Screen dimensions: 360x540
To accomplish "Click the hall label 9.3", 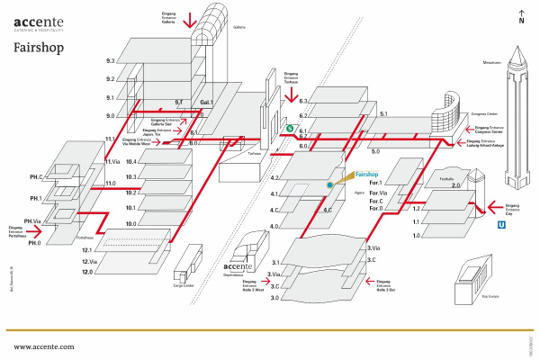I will tap(110, 61).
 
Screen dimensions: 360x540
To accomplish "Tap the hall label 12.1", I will tap(87, 250).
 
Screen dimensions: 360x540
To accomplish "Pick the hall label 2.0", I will tap(455, 185).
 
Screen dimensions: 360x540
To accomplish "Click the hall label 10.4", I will tap(131, 162).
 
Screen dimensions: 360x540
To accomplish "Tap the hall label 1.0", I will tap(417, 235).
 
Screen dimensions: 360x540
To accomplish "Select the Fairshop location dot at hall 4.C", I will tap(330, 184).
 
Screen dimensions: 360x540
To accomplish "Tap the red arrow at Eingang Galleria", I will tap(189, 18).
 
